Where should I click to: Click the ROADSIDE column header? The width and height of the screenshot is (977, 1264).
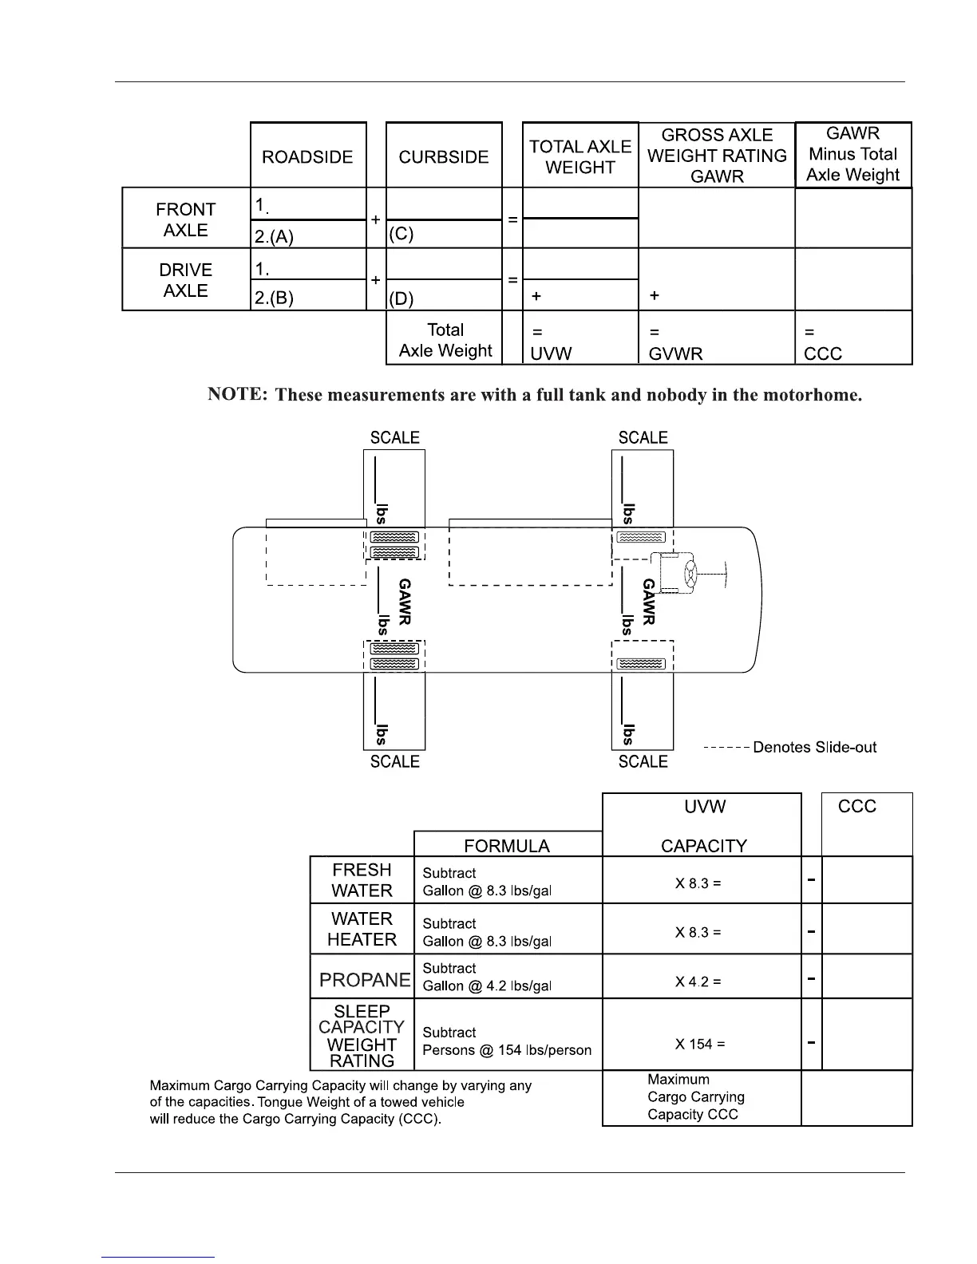click(x=307, y=157)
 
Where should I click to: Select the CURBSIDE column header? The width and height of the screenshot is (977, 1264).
click(x=444, y=157)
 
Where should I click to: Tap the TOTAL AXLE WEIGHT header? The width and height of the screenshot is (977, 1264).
click(x=580, y=157)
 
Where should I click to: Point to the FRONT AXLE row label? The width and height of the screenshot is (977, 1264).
click(x=186, y=219)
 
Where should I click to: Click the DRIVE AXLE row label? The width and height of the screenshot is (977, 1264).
click(x=186, y=280)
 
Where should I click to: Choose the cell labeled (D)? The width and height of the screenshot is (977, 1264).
click(x=401, y=299)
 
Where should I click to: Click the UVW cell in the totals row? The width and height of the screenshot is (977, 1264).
click(x=552, y=354)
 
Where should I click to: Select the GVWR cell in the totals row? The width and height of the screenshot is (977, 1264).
click(x=676, y=354)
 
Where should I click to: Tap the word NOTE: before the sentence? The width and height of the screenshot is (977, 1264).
click(x=237, y=394)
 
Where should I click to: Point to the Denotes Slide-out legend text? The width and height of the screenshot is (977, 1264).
click(x=814, y=748)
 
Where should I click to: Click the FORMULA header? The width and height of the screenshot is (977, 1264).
click(x=507, y=846)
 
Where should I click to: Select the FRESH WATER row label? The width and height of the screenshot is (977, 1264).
click(x=362, y=880)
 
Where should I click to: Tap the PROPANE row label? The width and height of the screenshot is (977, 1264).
click(x=365, y=979)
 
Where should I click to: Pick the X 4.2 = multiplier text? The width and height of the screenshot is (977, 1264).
click(x=698, y=982)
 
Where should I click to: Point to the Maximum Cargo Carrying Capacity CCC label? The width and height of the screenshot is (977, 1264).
click(x=695, y=1097)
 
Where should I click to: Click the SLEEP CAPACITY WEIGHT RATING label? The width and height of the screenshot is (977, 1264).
click(x=362, y=1036)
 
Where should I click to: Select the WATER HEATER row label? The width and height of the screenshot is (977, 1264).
click(x=362, y=930)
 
